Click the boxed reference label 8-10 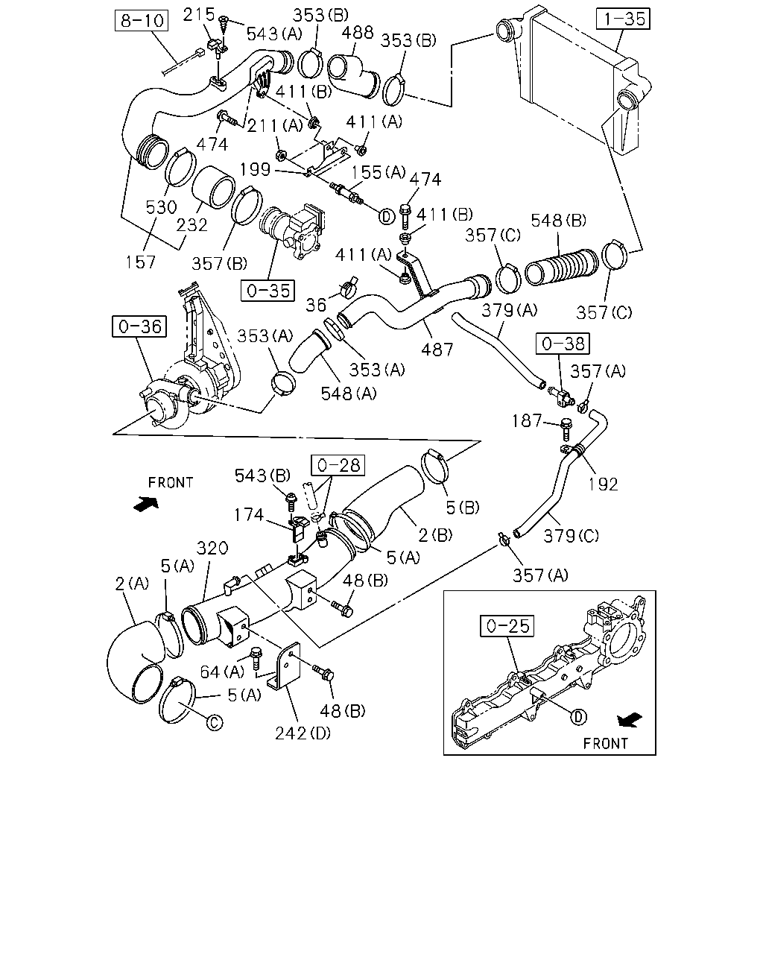point(142,20)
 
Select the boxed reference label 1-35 point(623,19)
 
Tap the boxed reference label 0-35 point(267,291)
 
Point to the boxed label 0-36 point(139,326)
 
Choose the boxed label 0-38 point(563,343)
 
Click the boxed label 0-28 point(338,465)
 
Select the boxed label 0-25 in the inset point(507,625)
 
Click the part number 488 point(358,32)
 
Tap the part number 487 point(437,350)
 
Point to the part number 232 point(192,225)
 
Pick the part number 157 point(140,262)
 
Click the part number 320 point(212,548)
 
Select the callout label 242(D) point(303,733)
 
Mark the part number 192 point(603,484)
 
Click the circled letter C point(215,723)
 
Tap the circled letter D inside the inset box point(578,717)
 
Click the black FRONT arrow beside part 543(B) point(146,504)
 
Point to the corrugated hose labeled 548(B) point(561,267)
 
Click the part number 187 point(527,420)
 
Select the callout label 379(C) point(571,536)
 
